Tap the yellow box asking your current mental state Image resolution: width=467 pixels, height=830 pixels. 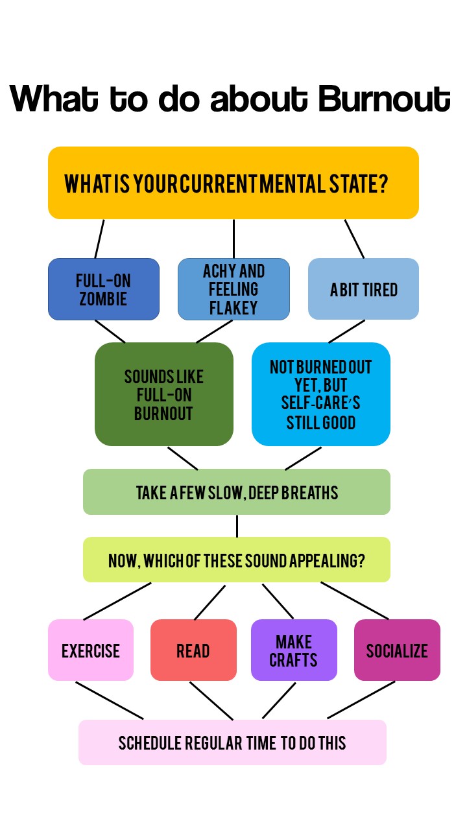[233, 183]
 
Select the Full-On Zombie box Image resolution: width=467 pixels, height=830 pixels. [104, 289]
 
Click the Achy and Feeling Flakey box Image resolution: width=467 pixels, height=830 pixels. [233, 289]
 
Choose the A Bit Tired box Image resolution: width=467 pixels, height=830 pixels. [363, 289]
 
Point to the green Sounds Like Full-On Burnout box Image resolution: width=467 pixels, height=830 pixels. [164, 394]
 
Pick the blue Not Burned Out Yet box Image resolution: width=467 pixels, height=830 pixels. [321, 394]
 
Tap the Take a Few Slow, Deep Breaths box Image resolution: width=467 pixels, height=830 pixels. [237, 492]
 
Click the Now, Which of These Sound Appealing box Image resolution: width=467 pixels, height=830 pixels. [237, 560]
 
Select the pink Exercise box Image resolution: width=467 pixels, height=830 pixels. [91, 650]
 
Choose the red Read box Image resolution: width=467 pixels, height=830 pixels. [193, 650]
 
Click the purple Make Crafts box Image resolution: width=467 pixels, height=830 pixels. [294, 650]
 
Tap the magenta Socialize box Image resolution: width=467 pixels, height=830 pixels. [397, 650]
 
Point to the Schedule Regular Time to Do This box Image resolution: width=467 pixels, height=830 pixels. [232, 742]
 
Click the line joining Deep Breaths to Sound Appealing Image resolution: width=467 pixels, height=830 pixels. [237, 526]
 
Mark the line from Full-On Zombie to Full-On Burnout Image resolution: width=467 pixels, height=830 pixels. [110, 331]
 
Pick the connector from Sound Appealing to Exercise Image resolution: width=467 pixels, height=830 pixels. [117, 601]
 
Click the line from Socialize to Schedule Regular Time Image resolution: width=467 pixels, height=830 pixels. [361, 700]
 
